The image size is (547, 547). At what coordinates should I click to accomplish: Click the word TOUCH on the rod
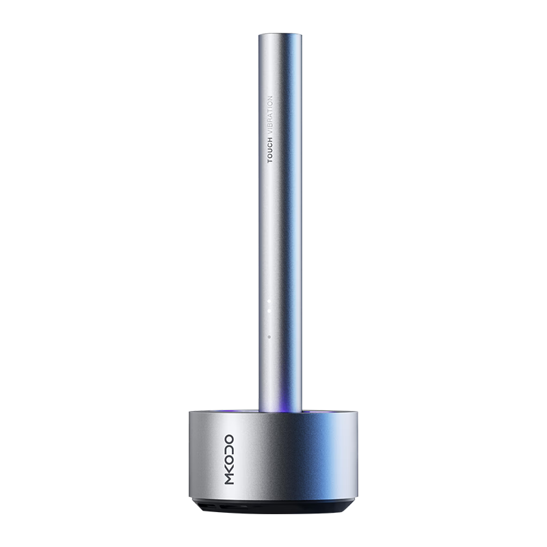269,150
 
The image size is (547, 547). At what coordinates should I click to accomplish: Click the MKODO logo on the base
229,459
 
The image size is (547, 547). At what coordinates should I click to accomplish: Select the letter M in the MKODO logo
229,479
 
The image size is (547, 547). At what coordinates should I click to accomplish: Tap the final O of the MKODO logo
229,440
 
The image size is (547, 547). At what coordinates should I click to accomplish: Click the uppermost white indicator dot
269,301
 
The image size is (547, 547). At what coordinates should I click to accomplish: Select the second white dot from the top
269,310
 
